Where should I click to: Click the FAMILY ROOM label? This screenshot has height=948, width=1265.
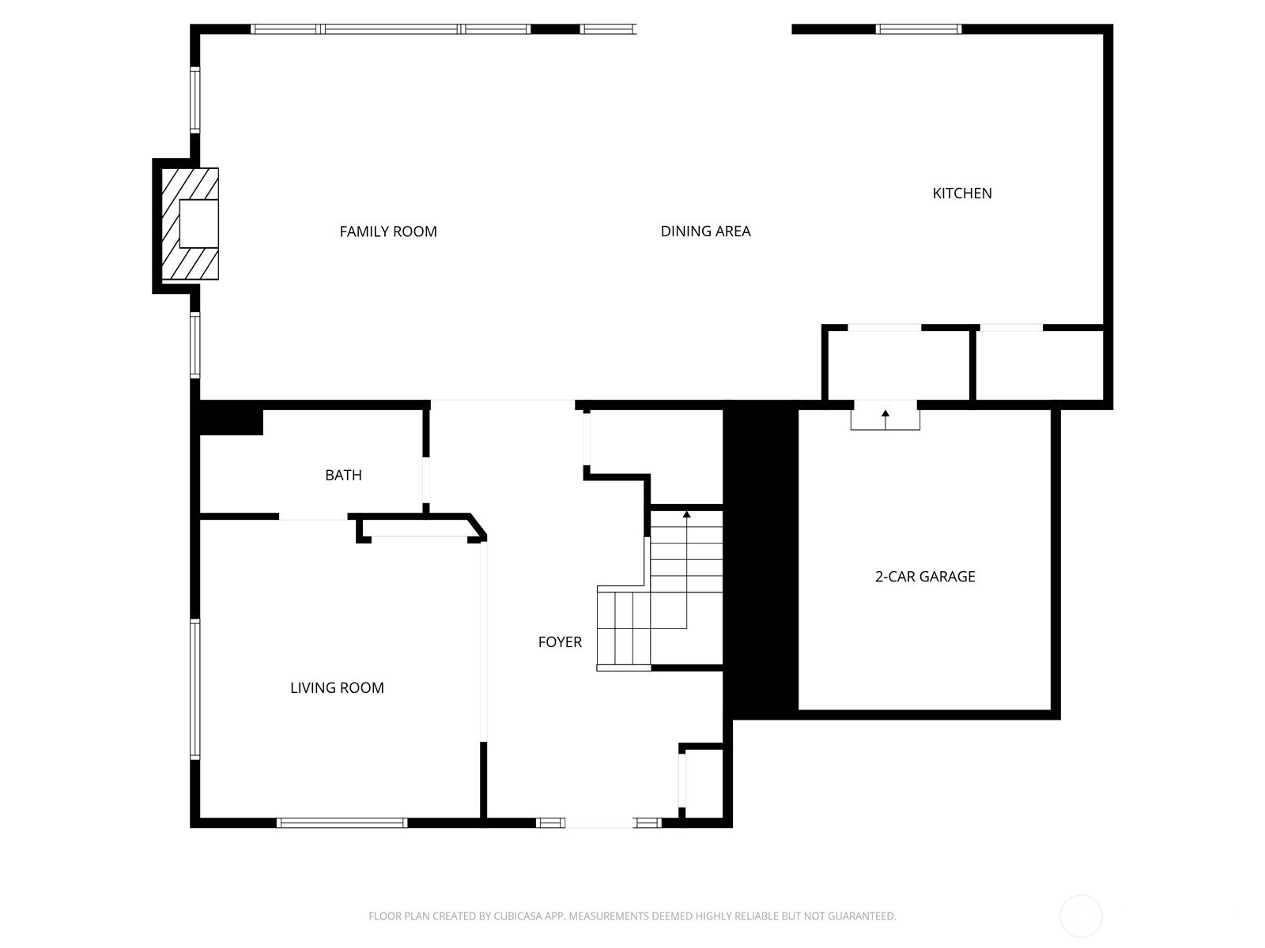[388, 231]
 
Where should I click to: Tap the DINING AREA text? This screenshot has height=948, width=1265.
[705, 231]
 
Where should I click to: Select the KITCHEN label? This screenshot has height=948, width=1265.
[962, 194]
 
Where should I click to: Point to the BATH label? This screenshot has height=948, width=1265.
[343, 475]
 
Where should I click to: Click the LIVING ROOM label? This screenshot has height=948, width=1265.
[337, 688]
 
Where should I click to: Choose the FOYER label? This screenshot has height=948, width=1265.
[560, 641]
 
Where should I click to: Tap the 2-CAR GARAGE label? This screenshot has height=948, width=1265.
[925, 576]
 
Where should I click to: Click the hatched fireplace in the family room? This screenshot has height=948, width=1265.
[191, 224]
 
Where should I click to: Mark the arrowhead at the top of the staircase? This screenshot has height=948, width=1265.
[686, 514]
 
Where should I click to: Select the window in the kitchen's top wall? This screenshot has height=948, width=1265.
[919, 29]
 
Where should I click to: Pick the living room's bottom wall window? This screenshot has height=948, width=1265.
[342, 822]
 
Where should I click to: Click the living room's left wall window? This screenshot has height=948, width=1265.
[195, 689]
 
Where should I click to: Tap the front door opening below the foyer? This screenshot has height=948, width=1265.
[599, 823]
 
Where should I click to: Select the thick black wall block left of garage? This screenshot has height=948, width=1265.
[761, 559]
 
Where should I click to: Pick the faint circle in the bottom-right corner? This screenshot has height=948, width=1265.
[1081, 916]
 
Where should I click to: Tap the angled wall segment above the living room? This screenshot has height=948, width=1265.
[478, 525]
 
